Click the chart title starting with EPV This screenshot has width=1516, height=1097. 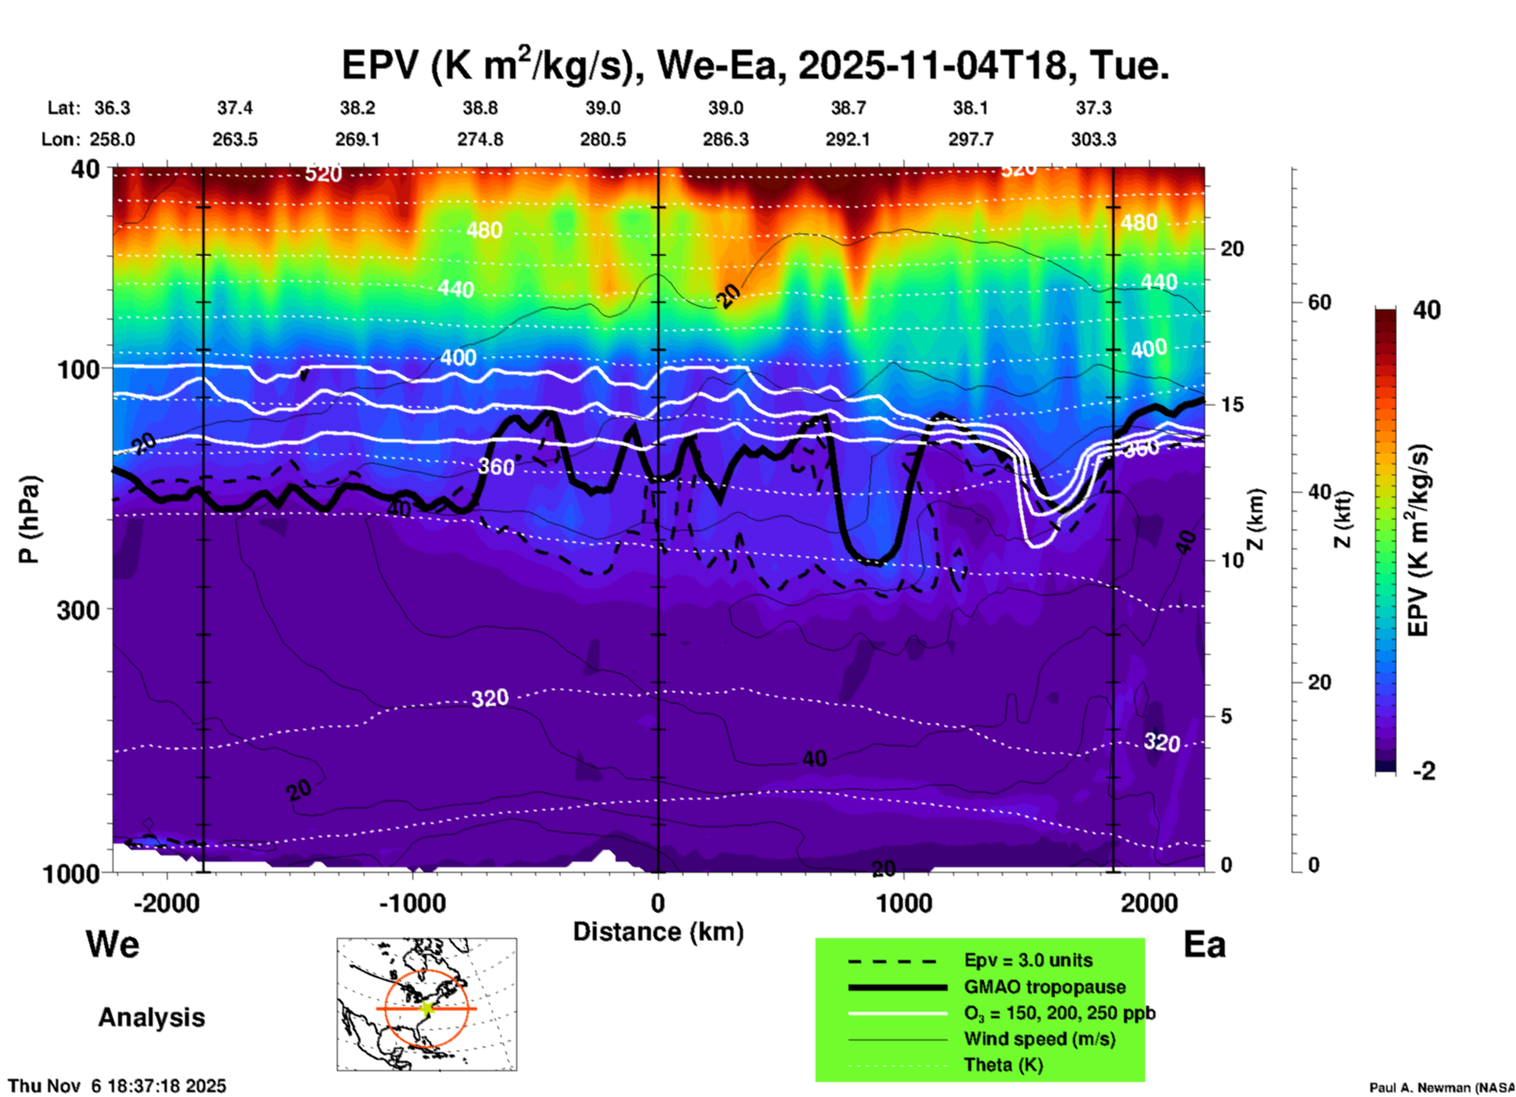755,65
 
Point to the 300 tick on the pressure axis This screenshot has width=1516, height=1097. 78,610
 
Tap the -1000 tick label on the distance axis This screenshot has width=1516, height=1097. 412,903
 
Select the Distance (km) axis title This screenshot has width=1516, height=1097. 658,932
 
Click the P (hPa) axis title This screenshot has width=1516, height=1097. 29,519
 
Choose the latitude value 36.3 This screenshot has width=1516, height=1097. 112,108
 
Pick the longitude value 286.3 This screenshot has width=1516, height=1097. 725,139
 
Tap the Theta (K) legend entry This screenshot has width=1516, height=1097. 1004,1065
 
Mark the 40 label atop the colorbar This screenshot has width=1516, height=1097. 1426,310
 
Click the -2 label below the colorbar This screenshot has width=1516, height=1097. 1424,771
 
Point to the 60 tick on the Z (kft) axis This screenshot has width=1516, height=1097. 1320,302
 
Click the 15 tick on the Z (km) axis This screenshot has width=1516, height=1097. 1232,404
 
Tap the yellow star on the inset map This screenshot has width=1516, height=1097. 427,1008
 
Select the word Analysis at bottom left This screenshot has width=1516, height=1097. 151,1018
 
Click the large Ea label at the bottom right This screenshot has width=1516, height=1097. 1204,945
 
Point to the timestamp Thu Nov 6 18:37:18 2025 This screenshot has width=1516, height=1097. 117,1086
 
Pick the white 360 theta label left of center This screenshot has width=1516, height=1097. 496,467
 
